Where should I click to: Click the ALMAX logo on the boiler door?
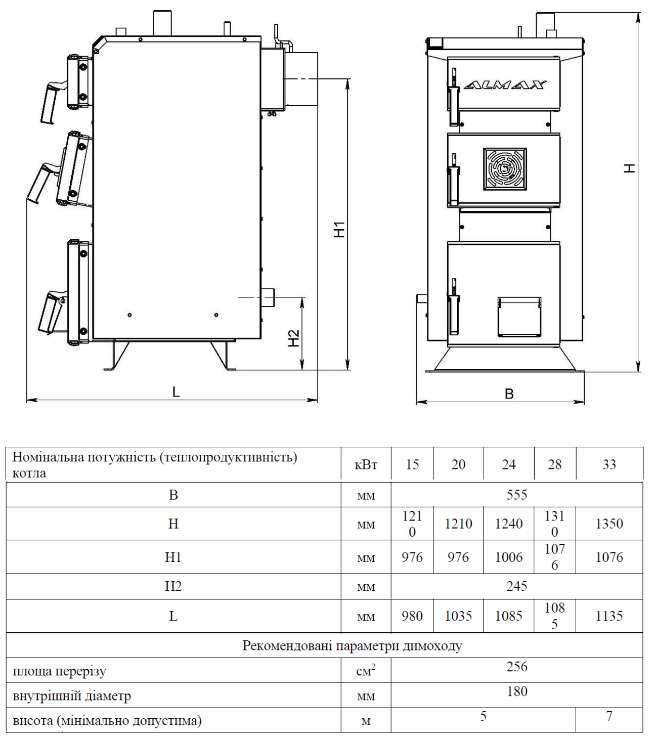[504, 85]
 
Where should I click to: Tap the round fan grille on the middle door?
[505, 169]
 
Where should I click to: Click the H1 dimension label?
[339, 230]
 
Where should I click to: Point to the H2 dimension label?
[293, 338]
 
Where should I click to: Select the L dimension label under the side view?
[176, 392]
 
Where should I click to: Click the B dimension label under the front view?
[509, 394]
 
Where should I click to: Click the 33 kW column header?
[609, 464]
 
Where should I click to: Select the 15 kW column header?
[412, 464]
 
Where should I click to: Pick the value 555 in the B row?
[517, 494]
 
